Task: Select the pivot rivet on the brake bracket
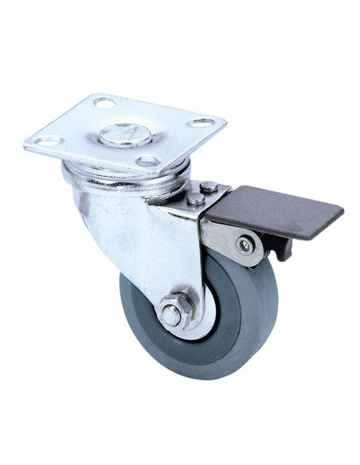pyautogui.click(x=245, y=246)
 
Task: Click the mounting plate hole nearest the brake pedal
pyautogui.click(x=202, y=123)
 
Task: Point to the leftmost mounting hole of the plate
pyautogui.click(x=48, y=141)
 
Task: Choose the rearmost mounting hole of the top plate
pyautogui.click(x=104, y=101)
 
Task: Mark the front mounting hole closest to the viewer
pyautogui.click(x=147, y=161)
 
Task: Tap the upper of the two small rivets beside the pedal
pyautogui.click(x=209, y=187)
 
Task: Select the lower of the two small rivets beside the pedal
pyautogui.click(x=195, y=199)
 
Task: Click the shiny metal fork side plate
pyautogui.click(x=147, y=239)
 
